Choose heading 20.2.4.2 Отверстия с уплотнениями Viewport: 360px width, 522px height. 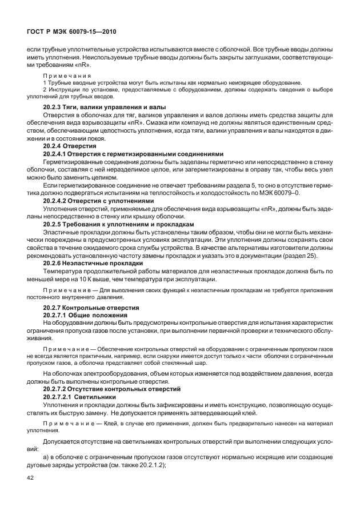[x=99, y=201]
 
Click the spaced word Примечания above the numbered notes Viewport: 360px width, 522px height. [x=67, y=75]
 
